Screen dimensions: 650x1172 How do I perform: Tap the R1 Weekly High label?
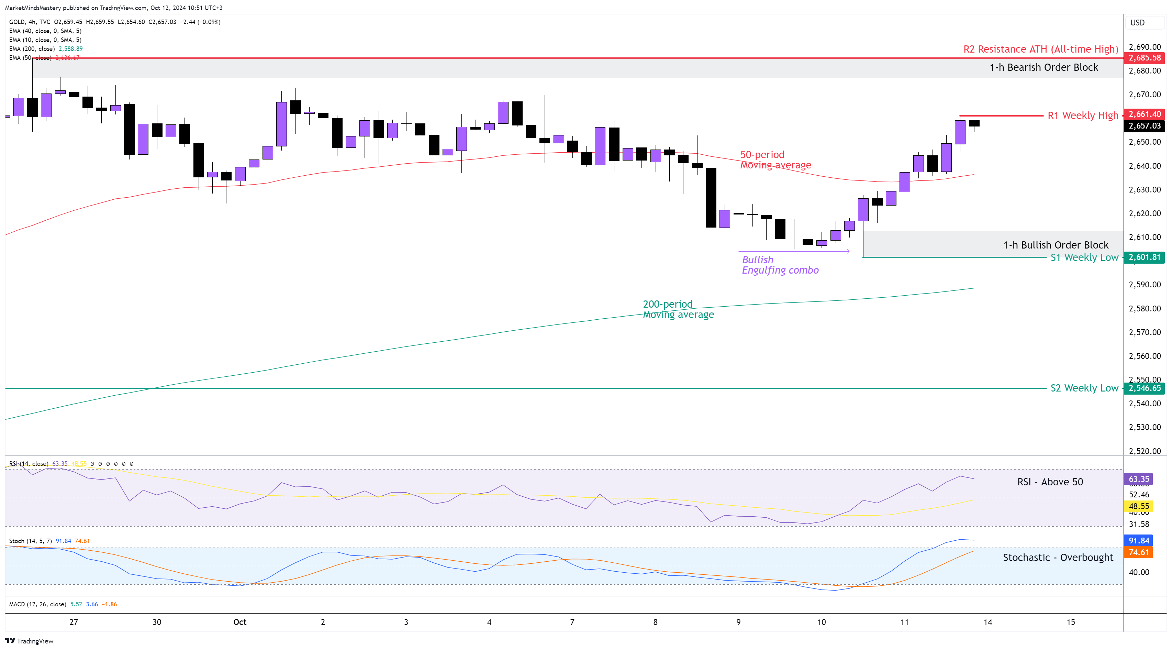coord(1082,115)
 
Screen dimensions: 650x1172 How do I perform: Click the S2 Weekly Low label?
coord(1084,388)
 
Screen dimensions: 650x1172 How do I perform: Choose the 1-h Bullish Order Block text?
coord(1056,245)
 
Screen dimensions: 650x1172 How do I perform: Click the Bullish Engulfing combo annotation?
coord(780,265)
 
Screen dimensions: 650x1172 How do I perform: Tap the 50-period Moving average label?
coord(775,160)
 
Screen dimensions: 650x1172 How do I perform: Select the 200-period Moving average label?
coord(678,309)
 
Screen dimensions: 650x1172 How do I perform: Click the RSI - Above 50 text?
coord(1050,482)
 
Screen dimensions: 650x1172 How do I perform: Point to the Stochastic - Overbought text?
coord(1058,558)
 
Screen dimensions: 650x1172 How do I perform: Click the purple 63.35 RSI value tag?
coord(1139,479)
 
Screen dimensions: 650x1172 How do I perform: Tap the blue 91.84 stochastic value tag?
coord(1139,541)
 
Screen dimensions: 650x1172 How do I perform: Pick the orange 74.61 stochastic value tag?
coord(1139,553)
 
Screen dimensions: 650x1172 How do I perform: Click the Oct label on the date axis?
coord(240,622)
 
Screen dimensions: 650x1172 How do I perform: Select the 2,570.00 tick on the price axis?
coord(1145,332)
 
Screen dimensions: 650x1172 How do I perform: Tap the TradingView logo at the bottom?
coord(30,641)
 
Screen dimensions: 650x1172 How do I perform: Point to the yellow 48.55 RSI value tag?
coord(1139,506)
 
